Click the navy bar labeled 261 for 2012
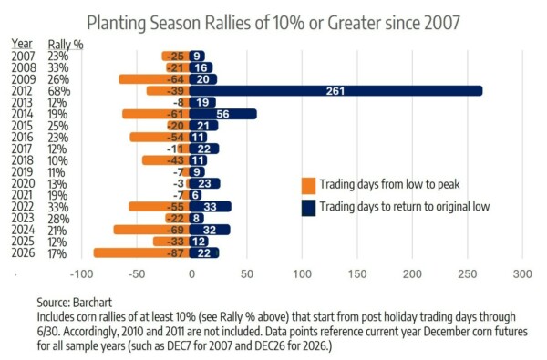click(335, 91)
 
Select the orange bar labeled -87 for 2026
click(141, 252)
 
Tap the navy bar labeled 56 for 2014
click(223, 114)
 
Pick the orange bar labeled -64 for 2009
click(154, 79)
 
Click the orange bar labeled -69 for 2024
click(151, 230)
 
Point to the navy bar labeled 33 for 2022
click(211, 207)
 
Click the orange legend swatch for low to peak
click(308, 186)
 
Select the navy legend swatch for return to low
click(308, 208)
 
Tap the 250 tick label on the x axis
click(468, 273)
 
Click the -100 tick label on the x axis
click(82, 273)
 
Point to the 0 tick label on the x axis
click(191, 273)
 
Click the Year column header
click(22, 44)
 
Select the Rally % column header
click(66, 45)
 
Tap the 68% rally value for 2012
click(59, 91)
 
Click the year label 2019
click(23, 172)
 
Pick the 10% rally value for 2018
click(58, 160)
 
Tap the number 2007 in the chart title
click(442, 23)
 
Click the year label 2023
click(23, 219)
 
